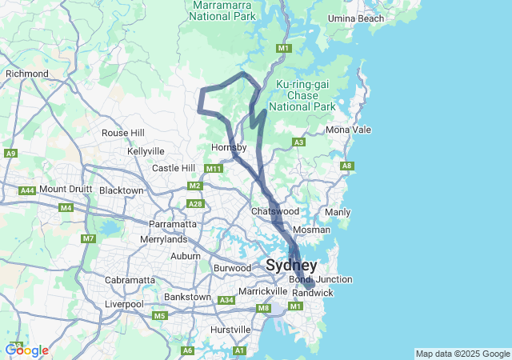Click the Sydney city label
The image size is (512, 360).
coord(291,265)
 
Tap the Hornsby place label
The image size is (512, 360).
coord(229,147)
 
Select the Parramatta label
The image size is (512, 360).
coord(178,224)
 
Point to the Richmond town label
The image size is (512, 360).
coord(27,74)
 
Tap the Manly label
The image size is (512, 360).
coord(338,212)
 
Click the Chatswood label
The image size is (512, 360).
coord(274,211)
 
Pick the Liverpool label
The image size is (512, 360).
coord(123,304)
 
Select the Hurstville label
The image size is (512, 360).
coord(230,330)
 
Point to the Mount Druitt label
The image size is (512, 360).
coord(63,189)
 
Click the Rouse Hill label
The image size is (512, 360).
coord(123,133)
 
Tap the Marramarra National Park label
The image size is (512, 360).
coord(224,10)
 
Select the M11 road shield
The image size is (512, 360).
coord(213,169)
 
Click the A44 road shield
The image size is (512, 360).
coord(27,190)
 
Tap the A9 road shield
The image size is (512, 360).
coord(11,153)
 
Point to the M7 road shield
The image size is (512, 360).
coord(88,238)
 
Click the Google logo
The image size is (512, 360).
coord(26,350)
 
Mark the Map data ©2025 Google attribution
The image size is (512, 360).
coord(462,354)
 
